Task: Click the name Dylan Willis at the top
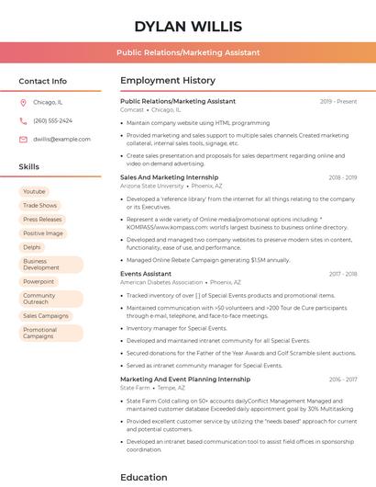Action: pos(188,26)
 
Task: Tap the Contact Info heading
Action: pos(43,81)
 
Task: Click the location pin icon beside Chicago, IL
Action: pos(23,103)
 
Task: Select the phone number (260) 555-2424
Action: pos(52,120)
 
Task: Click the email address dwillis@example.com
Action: pos(56,139)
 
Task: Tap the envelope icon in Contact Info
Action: pos(23,139)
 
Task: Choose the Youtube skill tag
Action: pos(34,191)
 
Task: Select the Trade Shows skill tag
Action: pos(39,205)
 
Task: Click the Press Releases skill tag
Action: pos(42,220)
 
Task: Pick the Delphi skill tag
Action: pos(32,247)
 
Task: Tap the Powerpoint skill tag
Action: pos(39,281)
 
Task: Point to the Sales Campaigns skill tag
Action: pos(46,315)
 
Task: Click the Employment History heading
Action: pos(168,81)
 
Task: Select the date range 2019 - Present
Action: pos(338,101)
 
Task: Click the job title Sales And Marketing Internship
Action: pos(170,177)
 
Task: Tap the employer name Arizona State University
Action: pos(152,186)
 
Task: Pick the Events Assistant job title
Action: pos(146,274)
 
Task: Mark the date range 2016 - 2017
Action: pos(343,379)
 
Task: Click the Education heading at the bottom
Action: pos(144,477)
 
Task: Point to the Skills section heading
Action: pos(29,167)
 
